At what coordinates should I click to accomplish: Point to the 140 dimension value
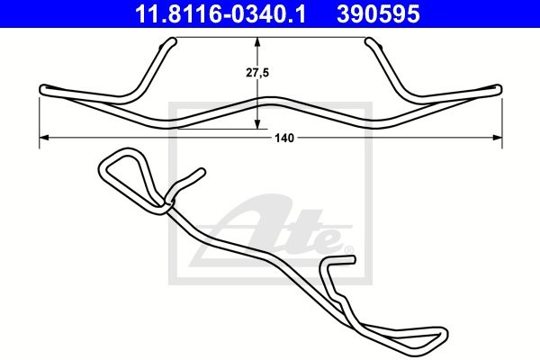(x=285, y=138)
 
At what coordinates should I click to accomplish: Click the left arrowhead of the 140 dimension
(x=45, y=138)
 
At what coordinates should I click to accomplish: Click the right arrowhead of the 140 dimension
(x=498, y=138)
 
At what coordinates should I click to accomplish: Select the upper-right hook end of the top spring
(x=368, y=40)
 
